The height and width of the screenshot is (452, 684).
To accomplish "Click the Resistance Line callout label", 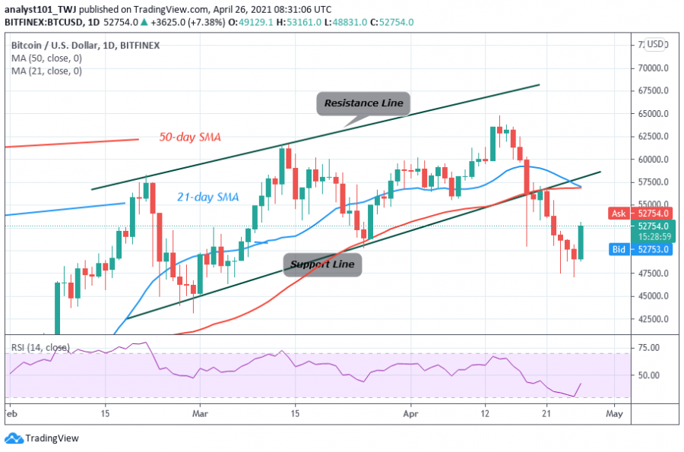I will [363, 103].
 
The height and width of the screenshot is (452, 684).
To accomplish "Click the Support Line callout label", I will [323, 264].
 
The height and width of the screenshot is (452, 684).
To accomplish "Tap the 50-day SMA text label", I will [190, 137].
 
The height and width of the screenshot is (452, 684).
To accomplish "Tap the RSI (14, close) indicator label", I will [40, 347].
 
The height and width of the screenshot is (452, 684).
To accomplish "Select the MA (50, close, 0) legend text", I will [47, 58].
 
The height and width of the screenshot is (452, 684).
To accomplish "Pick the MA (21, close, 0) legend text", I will [47, 71].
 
